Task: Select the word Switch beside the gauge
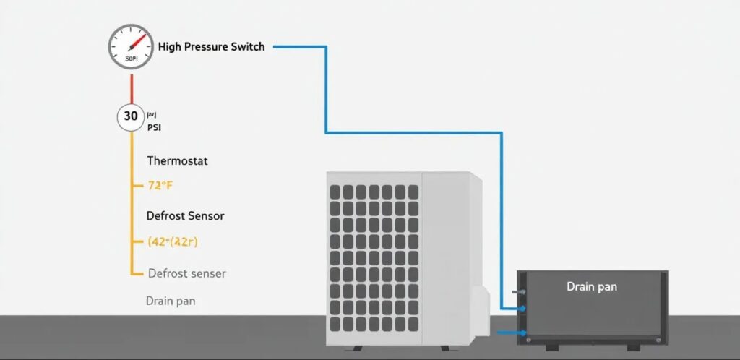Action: [x=249, y=47]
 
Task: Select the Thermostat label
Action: [x=177, y=160]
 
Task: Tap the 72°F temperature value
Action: [x=160, y=185]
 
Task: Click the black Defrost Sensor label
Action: [x=185, y=215]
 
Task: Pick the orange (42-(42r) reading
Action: [x=172, y=242]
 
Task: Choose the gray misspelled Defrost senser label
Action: [x=186, y=273]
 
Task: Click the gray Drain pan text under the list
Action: [x=171, y=301]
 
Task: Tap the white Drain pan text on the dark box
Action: [x=592, y=287]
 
